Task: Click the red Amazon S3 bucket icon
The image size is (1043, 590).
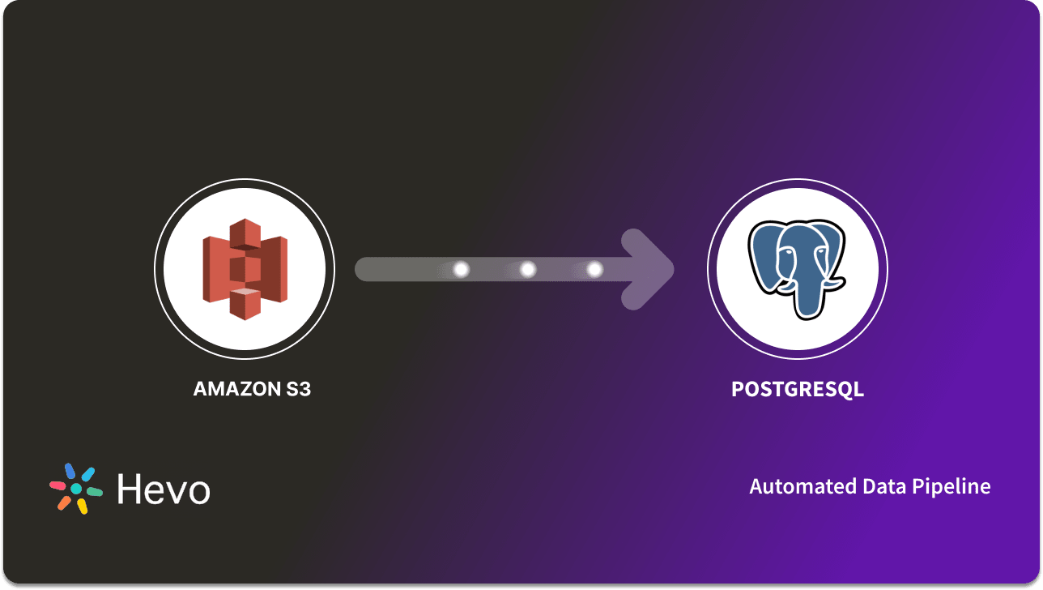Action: [x=245, y=269]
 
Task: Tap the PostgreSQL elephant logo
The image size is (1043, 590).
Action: [x=798, y=267]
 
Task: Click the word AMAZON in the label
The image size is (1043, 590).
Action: [x=229, y=389]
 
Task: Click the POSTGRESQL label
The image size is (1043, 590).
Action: [x=798, y=389]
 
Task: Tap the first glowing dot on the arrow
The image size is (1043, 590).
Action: [x=461, y=269]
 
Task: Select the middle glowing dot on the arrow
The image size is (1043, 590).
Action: [x=528, y=269]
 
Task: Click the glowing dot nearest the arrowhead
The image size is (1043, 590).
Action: [x=594, y=269]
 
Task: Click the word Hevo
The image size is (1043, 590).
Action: [x=163, y=490]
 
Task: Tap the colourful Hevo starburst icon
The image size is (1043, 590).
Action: [x=76, y=489]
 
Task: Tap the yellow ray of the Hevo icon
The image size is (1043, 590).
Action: [x=82, y=507]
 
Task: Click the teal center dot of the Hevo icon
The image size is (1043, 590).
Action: [x=76, y=490]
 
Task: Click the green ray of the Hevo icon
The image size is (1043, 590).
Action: [x=95, y=491]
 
